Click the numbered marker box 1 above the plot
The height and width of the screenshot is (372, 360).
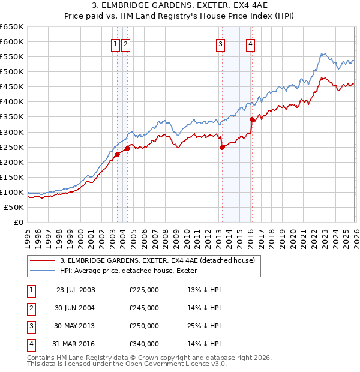[115, 43]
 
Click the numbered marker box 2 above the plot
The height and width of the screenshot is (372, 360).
[125, 43]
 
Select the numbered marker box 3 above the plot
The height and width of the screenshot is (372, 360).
[221, 43]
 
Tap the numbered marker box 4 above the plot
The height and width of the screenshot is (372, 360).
[250, 43]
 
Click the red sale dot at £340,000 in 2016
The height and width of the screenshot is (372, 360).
[252, 119]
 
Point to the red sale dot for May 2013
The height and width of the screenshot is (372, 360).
[222, 146]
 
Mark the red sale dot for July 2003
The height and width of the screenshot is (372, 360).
[118, 154]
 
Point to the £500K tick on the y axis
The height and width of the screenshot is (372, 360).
[13, 71]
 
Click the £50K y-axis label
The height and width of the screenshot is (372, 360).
[14, 207]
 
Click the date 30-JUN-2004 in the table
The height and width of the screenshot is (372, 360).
[75, 308]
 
